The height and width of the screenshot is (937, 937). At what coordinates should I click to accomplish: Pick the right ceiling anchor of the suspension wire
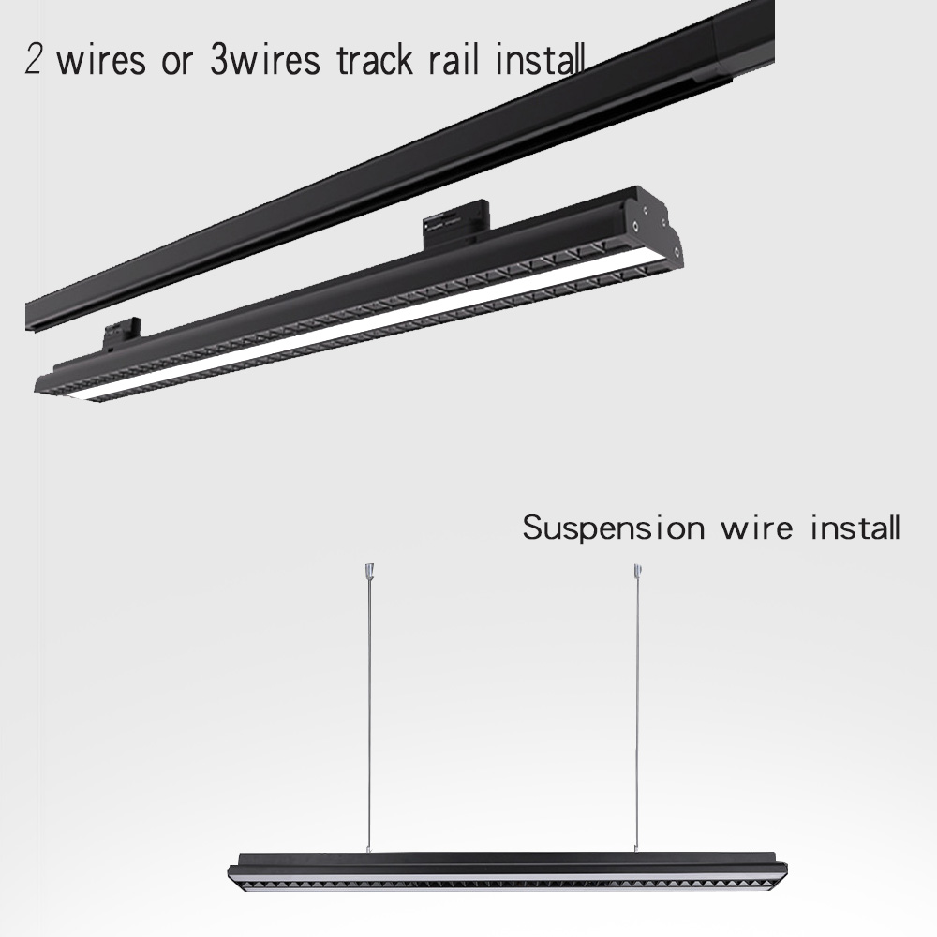pos(637,569)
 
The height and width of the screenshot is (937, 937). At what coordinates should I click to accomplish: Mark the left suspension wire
pos(367,712)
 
